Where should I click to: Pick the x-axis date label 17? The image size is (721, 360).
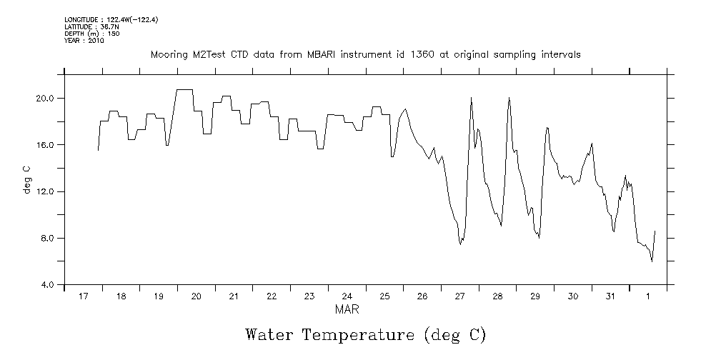(x=84, y=296)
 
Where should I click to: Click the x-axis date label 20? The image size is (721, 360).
(x=197, y=296)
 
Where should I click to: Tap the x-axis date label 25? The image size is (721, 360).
(x=384, y=296)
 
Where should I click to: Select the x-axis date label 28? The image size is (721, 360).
(x=497, y=296)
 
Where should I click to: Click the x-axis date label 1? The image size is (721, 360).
(x=648, y=296)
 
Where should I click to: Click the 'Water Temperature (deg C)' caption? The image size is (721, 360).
(x=365, y=334)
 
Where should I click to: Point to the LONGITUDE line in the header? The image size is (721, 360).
(x=111, y=19)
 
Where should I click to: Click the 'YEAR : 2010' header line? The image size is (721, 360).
(x=84, y=41)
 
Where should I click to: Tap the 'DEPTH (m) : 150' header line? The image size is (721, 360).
(x=92, y=34)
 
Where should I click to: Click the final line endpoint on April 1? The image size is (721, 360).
(x=655, y=231)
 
